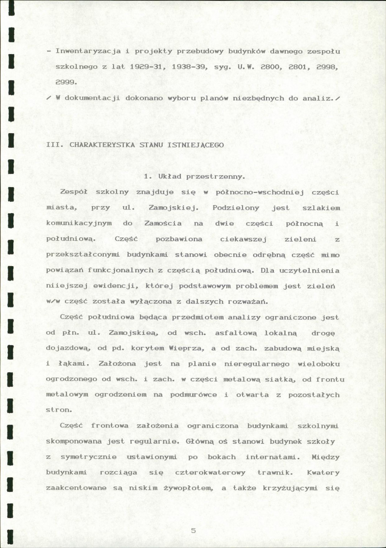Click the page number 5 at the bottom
point(193,531)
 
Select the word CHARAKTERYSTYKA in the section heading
point(98,145)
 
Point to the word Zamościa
point(163,223)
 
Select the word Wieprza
point(173,349)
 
